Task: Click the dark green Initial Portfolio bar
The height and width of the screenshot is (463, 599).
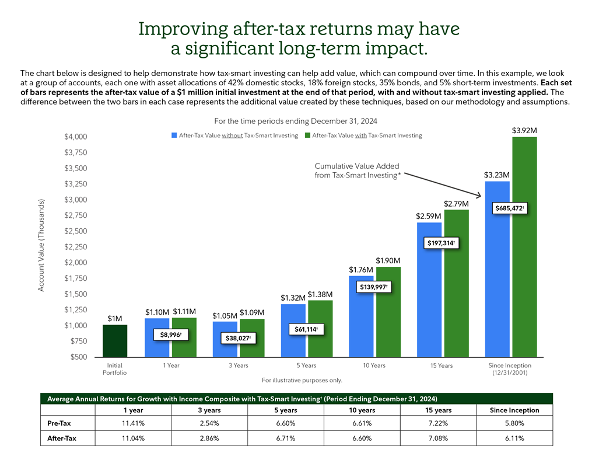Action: [x=115, y=340]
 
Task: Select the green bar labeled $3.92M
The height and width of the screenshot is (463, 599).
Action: [x=524, y=245]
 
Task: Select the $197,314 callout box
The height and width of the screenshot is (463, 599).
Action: [x=442, y=243]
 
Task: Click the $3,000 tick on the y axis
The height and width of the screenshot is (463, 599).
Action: [x=75, y=200]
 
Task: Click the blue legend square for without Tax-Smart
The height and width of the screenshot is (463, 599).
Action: [x=174, y=135]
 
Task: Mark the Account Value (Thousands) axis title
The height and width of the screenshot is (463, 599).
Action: [x=41, y=245]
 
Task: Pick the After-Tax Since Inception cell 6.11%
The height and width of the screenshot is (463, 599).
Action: [x=513, y=438]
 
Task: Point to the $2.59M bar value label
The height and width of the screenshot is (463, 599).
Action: [x=428, y=216]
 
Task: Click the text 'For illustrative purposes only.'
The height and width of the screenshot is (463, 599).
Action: [x=302, y=380]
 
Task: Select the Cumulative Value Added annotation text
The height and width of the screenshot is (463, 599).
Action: [x=357, y=170]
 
